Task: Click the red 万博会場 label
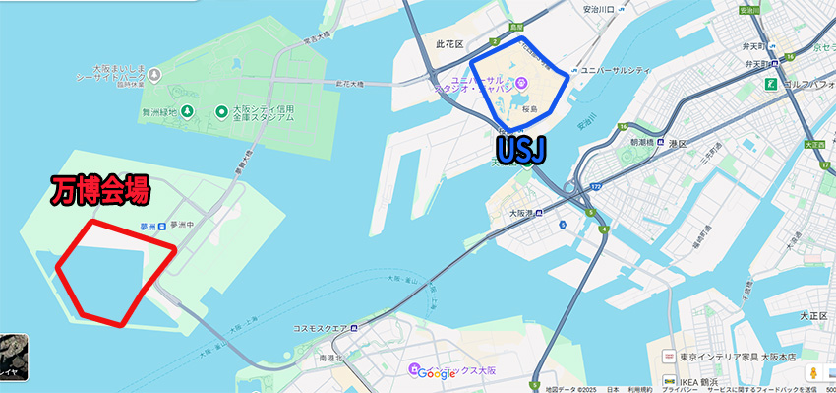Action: point(99,189)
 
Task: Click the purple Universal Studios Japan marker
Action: point(523,82)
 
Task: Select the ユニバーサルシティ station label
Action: point(616,71)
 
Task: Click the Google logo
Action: point(436,373)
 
